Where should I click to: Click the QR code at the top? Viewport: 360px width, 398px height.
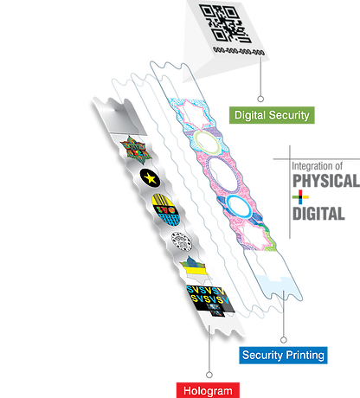point(224,23)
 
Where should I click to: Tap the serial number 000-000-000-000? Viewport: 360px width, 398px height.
point(239,51)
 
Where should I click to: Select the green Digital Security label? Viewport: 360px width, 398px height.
point(272,115)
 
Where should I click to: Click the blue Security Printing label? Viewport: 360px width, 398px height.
point(283,355)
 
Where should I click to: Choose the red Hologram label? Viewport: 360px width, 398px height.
point(208,390)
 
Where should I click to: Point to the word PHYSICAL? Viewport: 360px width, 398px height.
point(326,181)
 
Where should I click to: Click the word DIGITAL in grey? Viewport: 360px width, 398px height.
point(318,214)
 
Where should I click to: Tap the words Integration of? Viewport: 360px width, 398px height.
point(317,166)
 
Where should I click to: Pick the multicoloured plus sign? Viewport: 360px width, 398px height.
point(300,197)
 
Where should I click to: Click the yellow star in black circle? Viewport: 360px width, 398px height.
point(150,178)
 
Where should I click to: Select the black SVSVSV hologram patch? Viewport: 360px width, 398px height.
point(210,301)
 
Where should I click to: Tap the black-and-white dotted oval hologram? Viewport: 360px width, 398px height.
point(182,241)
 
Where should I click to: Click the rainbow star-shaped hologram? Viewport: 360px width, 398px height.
point(136,150)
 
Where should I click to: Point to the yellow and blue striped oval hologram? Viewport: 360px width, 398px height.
point(165,209)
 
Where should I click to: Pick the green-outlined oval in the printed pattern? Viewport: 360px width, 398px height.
point(207,143)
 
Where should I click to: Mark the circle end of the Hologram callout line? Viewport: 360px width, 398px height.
point(209,375)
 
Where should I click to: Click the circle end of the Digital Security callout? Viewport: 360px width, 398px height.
point(260,99)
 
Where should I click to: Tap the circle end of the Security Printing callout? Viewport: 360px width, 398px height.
point(284,340)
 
